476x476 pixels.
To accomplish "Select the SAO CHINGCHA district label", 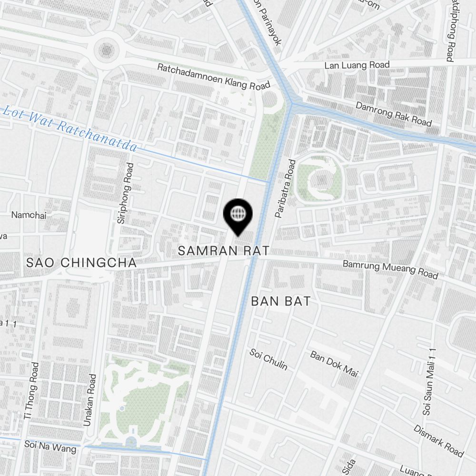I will click(x=81, y=262).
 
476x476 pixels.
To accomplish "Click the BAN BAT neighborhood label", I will click(x=281, y=301).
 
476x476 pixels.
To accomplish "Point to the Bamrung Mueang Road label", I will click(x=390, y=269).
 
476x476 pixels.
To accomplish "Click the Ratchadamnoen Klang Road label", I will click(x=214, y=77).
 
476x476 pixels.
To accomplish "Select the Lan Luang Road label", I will click(x=357, y=65).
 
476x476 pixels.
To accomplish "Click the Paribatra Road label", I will click(x=285, y=189).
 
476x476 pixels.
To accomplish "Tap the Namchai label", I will click(x=29, y=215).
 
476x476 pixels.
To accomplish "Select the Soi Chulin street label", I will click(x=268, y=359).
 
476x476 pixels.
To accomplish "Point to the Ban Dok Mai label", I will click(x=334, y=364).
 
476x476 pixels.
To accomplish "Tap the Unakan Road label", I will click(x=90, y=400).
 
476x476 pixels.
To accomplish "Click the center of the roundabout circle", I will click(x=107, y=49).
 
